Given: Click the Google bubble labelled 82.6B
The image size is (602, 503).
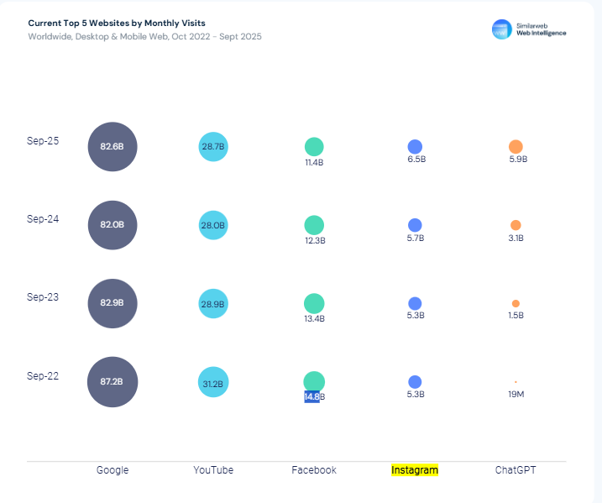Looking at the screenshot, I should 113,146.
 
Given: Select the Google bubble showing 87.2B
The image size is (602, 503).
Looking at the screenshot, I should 113,381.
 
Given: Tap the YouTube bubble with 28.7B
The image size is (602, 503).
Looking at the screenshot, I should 213,146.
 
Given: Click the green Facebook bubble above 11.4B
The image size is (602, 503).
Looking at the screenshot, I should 314,146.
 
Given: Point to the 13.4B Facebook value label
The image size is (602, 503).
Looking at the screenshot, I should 315,318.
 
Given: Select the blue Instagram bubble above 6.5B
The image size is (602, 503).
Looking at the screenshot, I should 415,146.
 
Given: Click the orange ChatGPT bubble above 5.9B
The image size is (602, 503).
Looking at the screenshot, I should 516,146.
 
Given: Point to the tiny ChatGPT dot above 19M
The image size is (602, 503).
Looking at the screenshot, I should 516,381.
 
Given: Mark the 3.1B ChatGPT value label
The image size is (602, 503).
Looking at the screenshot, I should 516,238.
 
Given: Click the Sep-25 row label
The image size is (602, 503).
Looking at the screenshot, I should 43,141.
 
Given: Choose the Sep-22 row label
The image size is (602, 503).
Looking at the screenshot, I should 43,376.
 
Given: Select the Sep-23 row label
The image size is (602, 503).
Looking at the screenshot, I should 43,297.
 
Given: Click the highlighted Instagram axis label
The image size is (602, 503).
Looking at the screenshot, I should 415,470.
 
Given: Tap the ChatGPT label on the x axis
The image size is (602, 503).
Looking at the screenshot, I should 516,470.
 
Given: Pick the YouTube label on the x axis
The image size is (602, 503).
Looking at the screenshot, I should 213,470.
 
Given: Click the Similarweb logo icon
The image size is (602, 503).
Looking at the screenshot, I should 501,29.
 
